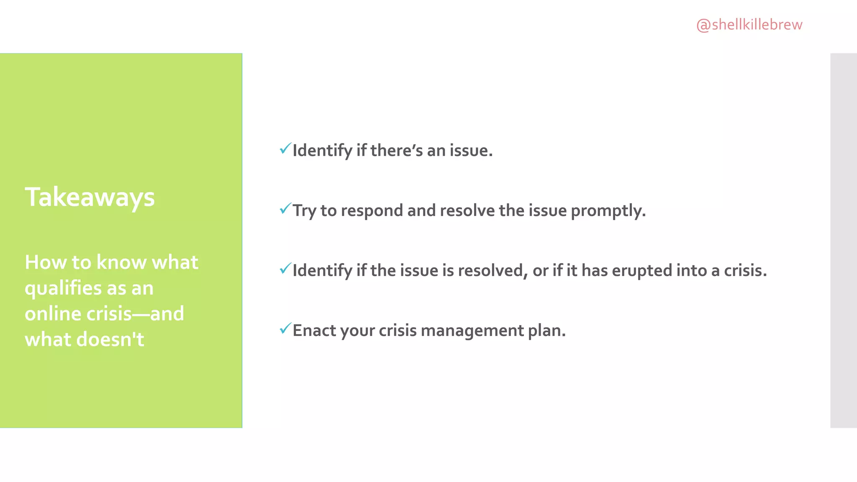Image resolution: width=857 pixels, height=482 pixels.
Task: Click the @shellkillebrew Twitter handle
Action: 749,25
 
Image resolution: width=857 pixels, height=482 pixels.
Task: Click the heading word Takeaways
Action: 90,197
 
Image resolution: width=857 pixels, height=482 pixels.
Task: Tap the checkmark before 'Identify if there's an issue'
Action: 285,149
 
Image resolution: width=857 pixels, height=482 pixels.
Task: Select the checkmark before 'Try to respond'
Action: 285,208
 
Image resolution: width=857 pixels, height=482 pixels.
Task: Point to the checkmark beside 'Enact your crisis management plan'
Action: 285,328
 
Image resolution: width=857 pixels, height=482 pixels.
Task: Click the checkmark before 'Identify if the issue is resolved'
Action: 285,269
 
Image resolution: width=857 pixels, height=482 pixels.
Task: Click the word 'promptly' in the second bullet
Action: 608,210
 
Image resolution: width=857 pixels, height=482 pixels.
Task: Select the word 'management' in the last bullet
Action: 472,331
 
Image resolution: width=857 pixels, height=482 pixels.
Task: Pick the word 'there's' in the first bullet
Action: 396,151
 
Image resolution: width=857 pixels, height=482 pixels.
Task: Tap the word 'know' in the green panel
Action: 121,262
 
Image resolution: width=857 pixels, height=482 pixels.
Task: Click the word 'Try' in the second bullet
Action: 304,210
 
